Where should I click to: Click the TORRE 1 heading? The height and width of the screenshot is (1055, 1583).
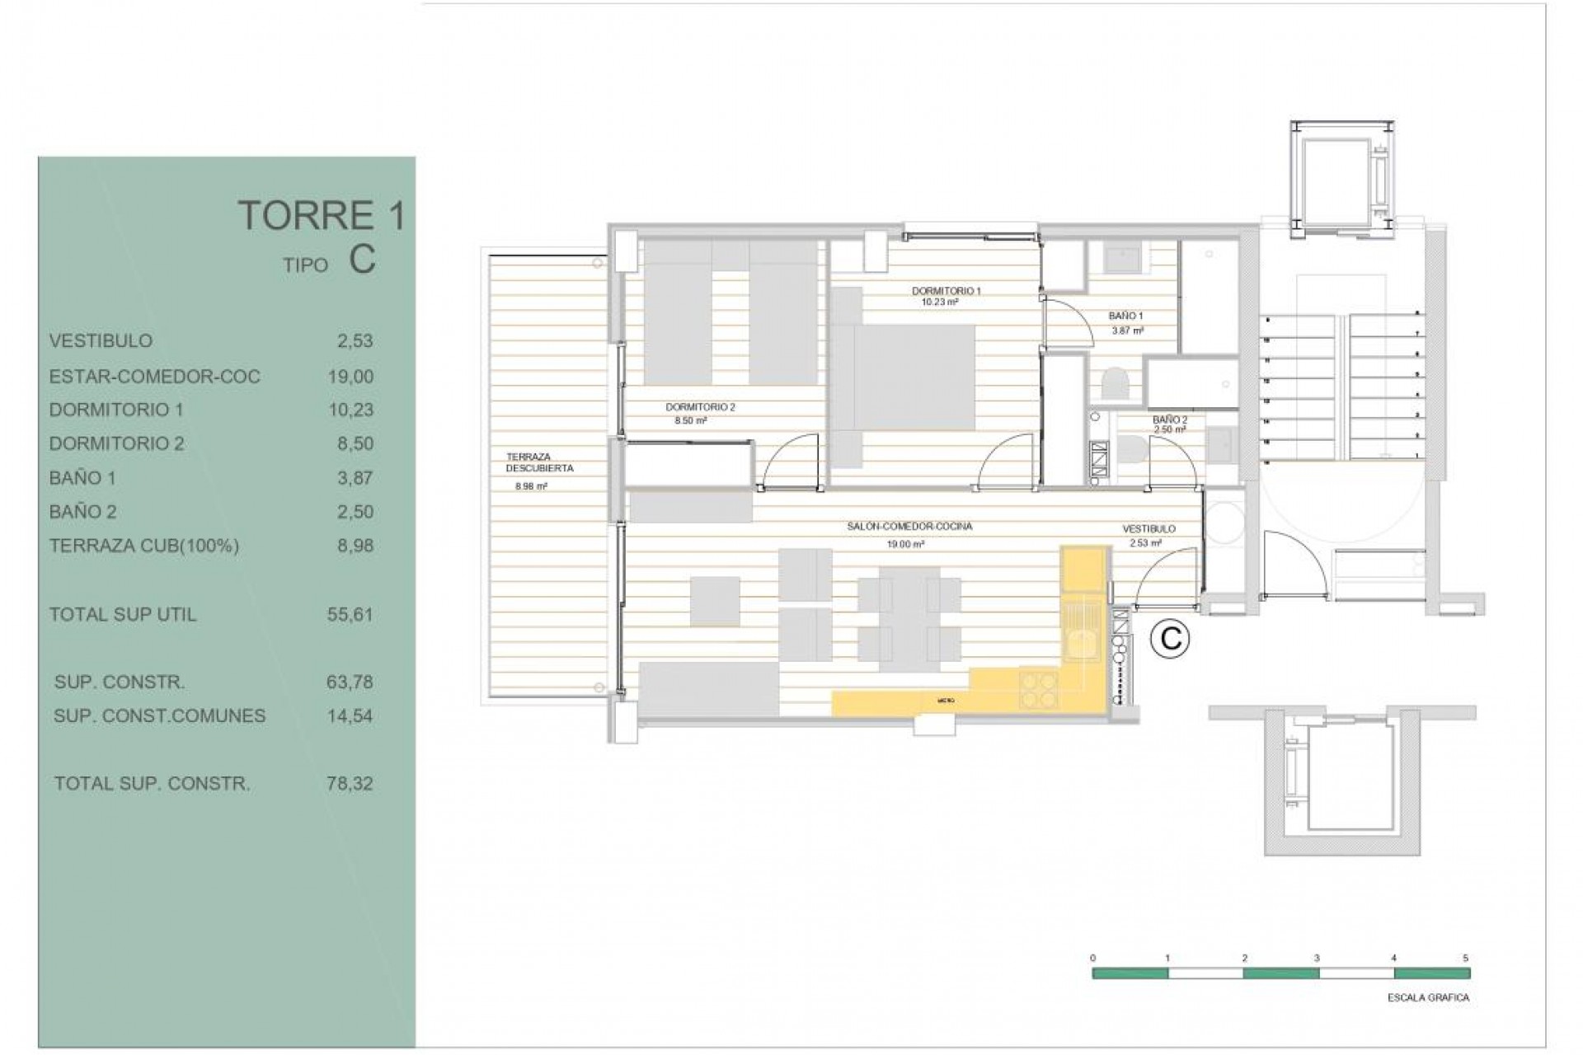coord(322,216)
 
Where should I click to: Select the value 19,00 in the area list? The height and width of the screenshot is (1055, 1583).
coord(350,377)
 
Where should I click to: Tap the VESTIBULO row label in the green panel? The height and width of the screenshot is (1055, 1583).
coord(101,340)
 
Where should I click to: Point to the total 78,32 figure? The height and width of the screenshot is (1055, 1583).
coord(350,784)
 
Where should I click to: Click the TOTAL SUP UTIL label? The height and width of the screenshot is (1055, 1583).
coord(123,615)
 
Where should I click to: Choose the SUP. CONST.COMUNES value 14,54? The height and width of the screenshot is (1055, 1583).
coord(350,716)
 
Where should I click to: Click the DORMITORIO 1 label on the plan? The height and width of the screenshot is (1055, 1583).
coord(946,291)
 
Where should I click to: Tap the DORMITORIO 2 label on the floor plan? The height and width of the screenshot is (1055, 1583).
coord(700,407)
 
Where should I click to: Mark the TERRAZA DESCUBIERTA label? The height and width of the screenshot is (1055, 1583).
coord(540,462)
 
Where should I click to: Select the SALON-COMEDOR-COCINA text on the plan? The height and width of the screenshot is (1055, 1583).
coord(909,527)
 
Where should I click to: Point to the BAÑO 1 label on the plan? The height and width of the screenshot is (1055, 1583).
coord(1125,316)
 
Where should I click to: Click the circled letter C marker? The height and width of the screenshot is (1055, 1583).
coord(1170,639)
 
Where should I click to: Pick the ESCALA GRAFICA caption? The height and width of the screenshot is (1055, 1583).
coord(1428,998)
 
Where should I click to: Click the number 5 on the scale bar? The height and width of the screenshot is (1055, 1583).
coord(1466,959)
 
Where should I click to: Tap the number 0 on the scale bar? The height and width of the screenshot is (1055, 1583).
coord(1093,959)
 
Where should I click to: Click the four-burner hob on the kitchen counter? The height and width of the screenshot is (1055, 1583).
coord(1040,691)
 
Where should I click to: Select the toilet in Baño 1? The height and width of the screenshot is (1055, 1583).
coord(1115,385)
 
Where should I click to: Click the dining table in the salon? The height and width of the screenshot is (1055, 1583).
coord(909,617)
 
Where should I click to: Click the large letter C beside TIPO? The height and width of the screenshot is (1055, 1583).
coord(362,260)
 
